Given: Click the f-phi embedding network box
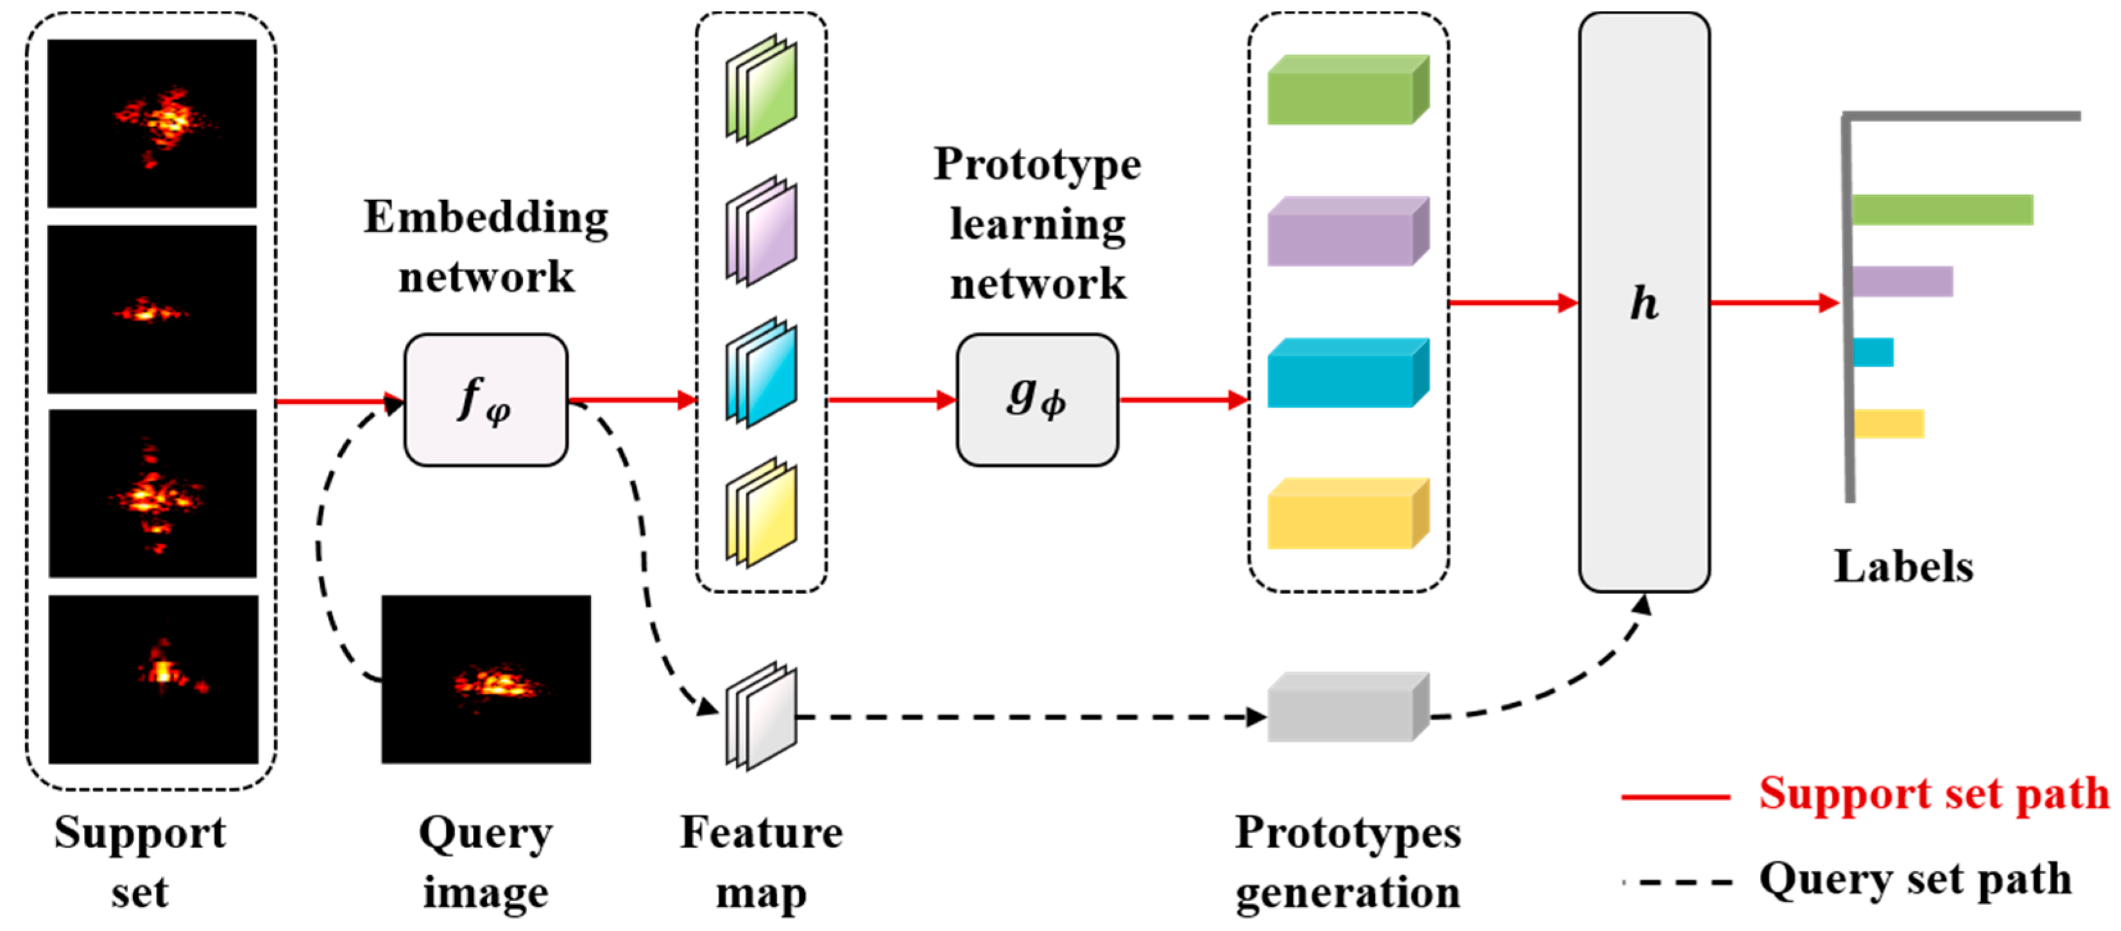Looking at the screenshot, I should point(485,400).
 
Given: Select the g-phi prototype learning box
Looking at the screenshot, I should point(1037,400).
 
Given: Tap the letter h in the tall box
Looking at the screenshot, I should point(1644,303).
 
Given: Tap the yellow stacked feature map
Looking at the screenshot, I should point(761,513).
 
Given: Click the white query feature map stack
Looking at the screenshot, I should point(761,716).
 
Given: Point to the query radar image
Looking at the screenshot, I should point(486,679).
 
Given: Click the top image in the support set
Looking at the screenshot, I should point(151,123).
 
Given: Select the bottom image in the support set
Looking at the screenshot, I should point(153,679).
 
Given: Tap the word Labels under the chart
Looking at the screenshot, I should point(1903,567).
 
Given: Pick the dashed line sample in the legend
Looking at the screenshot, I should point(1680,882).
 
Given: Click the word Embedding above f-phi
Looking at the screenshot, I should point(486,218).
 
